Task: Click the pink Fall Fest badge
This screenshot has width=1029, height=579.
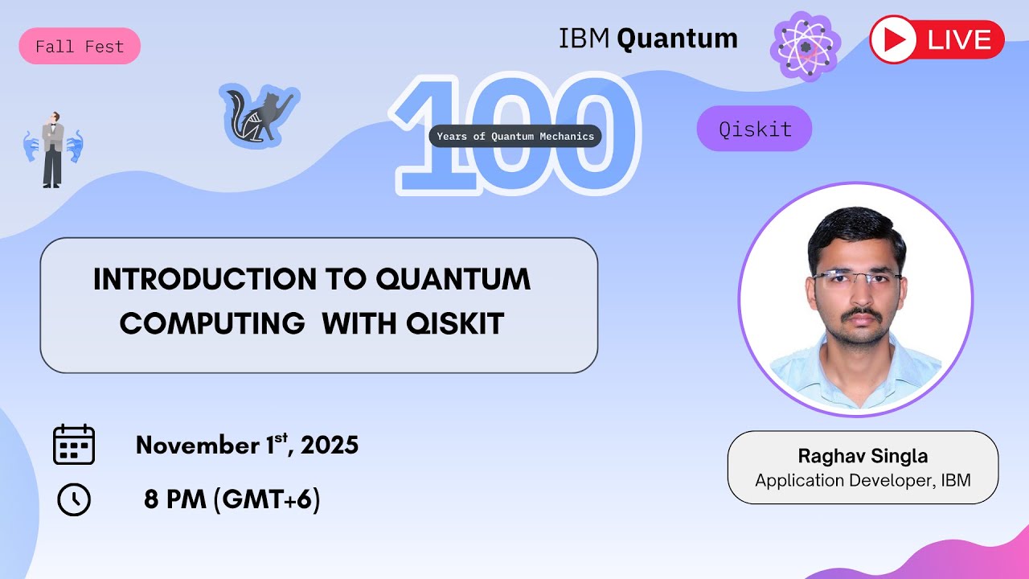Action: (80, 46)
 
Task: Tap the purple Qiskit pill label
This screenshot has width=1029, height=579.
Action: (754, 129)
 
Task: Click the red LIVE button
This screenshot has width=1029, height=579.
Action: (937, 39)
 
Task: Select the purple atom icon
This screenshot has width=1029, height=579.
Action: (806, 46)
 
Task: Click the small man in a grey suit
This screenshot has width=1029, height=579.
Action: (53, 149)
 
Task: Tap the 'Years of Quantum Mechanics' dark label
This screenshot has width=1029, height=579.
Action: (515, 136)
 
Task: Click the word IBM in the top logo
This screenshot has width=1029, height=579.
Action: (584, 39)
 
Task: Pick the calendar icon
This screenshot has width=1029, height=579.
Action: (74, 445)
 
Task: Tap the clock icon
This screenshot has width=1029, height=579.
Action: (74, 500)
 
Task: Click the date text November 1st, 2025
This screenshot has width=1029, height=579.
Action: (247, 445)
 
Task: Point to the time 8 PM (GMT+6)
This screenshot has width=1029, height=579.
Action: (232, 500)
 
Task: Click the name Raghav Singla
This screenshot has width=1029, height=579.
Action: (863, 456)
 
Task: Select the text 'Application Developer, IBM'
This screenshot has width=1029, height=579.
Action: (863, 481)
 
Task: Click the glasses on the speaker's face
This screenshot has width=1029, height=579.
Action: (855, 278)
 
